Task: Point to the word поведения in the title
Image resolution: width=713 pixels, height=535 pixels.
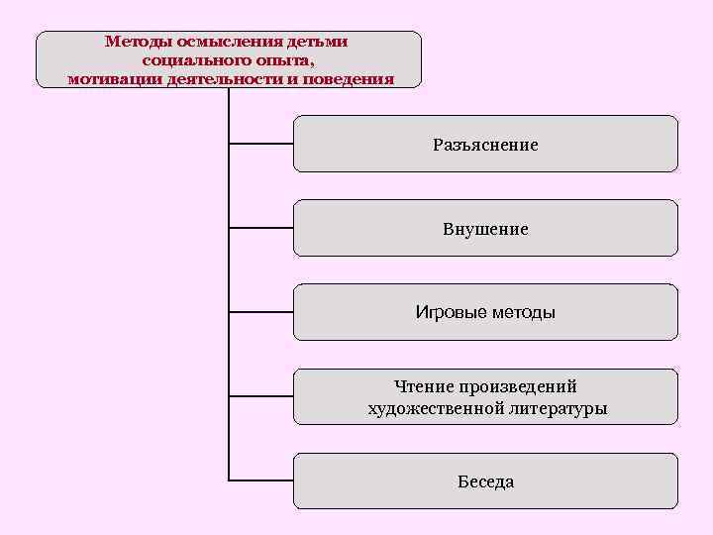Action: tap(351, 78)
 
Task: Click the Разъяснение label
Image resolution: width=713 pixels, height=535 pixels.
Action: tap(485, 145)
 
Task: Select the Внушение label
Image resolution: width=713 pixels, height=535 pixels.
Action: tap(485, 229)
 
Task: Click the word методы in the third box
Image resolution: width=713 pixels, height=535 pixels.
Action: tap(523, 313)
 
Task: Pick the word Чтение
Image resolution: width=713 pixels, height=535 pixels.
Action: tap(422, 386)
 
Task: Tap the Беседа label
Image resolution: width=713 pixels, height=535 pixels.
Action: tap(485, 481)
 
